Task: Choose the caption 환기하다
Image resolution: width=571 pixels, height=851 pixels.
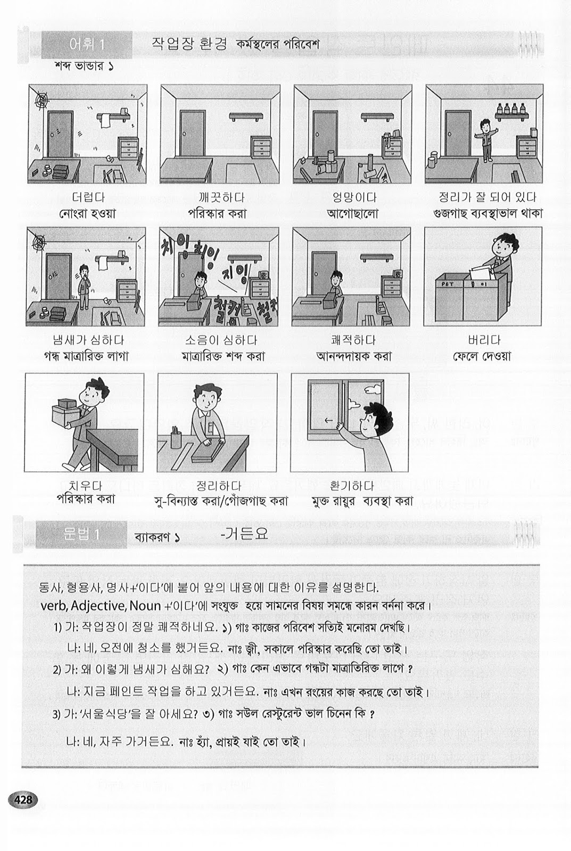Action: (x=352, y=486)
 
